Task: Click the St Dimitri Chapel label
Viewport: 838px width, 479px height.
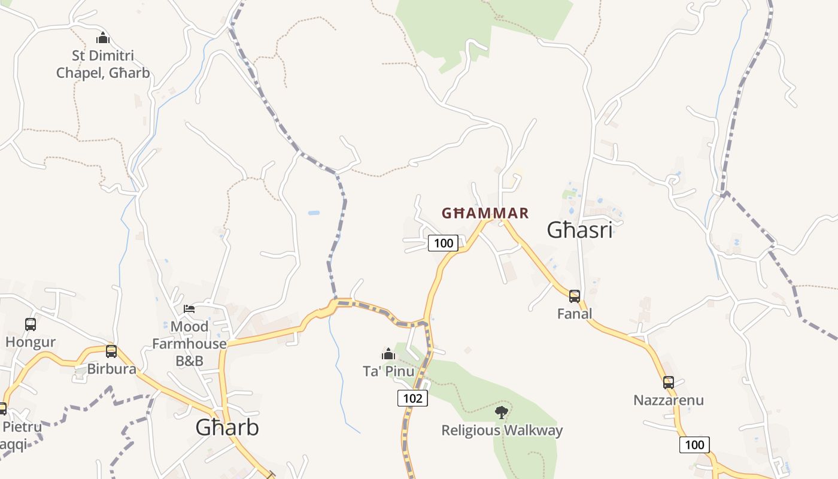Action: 103,65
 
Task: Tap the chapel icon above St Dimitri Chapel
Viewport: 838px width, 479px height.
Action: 103,38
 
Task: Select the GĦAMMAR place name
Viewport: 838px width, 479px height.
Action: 485,213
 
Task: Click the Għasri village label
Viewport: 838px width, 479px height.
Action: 580,230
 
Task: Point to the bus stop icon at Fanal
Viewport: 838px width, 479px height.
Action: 575,296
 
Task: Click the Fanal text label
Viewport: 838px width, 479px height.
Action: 575,314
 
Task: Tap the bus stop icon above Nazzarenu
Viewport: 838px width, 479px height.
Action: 669,382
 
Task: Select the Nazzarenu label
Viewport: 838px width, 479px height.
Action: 669,400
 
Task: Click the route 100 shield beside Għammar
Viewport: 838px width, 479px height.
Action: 444,243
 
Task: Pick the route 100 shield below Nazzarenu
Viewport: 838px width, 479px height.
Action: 694,445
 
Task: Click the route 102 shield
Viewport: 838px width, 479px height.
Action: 413,398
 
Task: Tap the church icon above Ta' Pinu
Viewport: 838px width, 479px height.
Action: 388,354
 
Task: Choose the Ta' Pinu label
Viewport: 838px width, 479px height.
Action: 388,371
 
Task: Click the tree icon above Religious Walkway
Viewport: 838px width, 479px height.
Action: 502,412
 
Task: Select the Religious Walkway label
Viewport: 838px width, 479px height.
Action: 502,431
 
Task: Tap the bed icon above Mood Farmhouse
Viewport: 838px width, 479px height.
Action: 189,309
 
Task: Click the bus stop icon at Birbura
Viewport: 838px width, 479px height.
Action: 111,351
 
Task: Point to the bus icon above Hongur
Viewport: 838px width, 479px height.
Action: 31,325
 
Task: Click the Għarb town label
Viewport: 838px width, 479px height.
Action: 227,428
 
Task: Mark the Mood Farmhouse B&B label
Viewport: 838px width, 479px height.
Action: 189,344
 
